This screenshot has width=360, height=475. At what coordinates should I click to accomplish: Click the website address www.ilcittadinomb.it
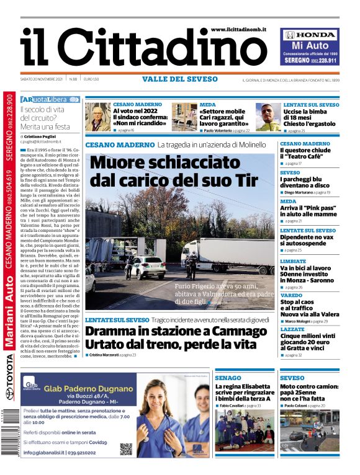coord(239,29)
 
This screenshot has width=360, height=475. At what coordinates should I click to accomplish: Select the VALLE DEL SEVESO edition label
coord(180,79)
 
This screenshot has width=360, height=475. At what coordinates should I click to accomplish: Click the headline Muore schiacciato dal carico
coord(173,171)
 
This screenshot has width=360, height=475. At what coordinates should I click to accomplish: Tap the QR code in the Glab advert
coord(126,449)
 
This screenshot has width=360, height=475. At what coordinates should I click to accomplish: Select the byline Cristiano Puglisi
coord(43,135)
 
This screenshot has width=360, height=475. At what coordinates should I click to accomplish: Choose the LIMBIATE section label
coord(293,261)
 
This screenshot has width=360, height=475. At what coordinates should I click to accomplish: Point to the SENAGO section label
coord(228,378)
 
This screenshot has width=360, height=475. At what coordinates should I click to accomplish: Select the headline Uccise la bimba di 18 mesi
coord(310,117)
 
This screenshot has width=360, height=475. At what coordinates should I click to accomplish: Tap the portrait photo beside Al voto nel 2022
coord(97,117)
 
